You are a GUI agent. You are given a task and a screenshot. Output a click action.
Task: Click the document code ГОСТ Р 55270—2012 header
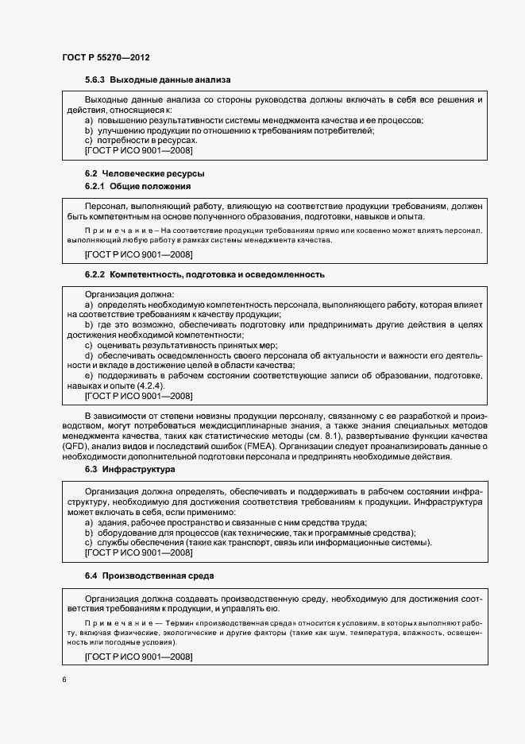(x=106, y=59)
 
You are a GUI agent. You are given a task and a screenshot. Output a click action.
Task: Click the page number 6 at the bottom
(x=64, y=679)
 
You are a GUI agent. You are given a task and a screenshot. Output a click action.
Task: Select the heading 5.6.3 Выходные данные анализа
(x=158, y=81)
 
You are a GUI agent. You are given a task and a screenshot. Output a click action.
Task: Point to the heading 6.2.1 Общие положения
(x=138, y=187)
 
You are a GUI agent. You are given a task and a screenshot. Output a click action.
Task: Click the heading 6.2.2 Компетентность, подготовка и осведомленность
(x=205, y=275)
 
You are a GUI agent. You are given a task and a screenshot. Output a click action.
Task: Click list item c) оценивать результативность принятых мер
(x=180, y=344)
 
